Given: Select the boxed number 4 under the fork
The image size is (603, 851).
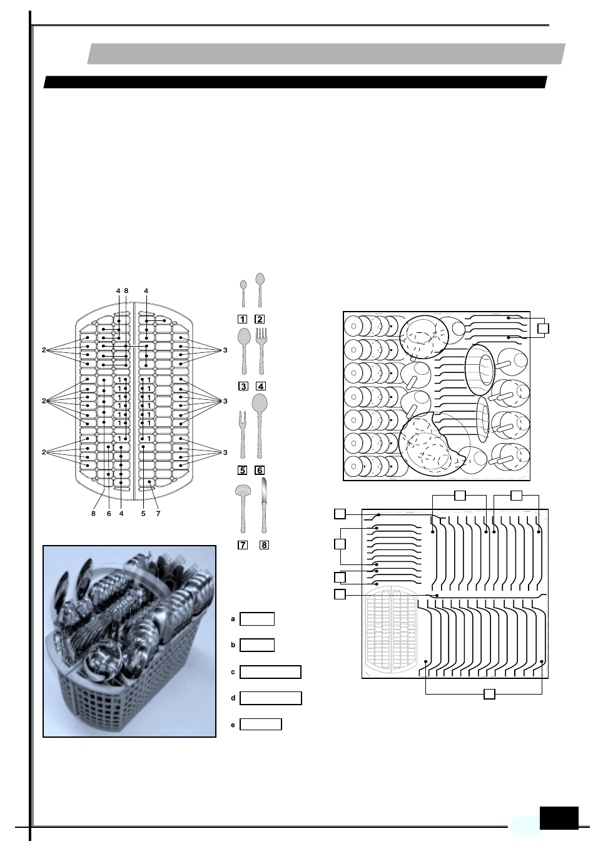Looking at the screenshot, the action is tap(261, 386).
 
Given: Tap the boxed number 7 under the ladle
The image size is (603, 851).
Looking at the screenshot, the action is tap(242, 545).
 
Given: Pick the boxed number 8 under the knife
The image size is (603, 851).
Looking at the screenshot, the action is tap(264, 545).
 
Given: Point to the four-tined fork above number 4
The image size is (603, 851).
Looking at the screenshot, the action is tap(261, 350).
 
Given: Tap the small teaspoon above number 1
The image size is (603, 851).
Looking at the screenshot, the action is tap(243, 293).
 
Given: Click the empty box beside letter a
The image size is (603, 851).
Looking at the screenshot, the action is tap(257, 619).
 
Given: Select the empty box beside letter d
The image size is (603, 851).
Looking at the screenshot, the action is tap(270, 698).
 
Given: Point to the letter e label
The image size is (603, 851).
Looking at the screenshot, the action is tap(233, 725).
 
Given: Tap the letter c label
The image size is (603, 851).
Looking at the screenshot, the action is tap(233, 672).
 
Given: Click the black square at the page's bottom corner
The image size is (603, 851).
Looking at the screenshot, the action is tap(559, 818).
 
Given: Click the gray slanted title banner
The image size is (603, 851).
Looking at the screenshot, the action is tap(326, 54).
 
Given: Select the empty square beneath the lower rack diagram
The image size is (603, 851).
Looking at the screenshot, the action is tap(490, 693).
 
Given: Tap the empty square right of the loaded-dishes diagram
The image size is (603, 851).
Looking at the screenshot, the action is tap(543, 328).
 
